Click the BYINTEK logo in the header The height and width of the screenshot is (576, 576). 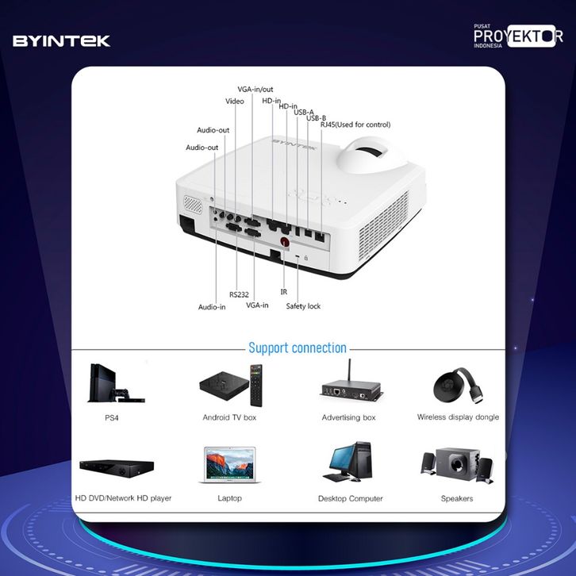pyautogui.click(x=61, y=40)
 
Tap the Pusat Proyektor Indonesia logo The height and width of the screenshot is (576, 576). pyautogui.click(x=518, y=36)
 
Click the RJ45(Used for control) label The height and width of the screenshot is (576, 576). pyautogui.click(x=355, y=125)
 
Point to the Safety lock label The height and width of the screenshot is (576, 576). pyautogui.click(x=303, y=305)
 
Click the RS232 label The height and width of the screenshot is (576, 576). pyautogui.click(x=239, y=294)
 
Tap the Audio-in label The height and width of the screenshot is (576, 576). pyautogui.click(x=212, y=306)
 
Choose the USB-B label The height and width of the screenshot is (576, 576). pyautogui.click(x=316, y=118)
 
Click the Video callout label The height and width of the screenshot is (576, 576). pyautogui.click(x=234, y=102)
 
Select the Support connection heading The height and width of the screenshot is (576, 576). pyautogui.click(x=297, y=348)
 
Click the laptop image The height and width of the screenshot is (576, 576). pyautogui.click(x=229, y=466)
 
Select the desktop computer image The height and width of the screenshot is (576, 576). pyautogui.click(x=349, y=463)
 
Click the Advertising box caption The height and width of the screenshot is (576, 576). pyautogui.click(x=348, y=417)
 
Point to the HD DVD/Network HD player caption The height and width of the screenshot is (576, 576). pyautogui.click(x=123, y=498)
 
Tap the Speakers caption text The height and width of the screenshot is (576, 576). pyautogui.click(x=457, y=498)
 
